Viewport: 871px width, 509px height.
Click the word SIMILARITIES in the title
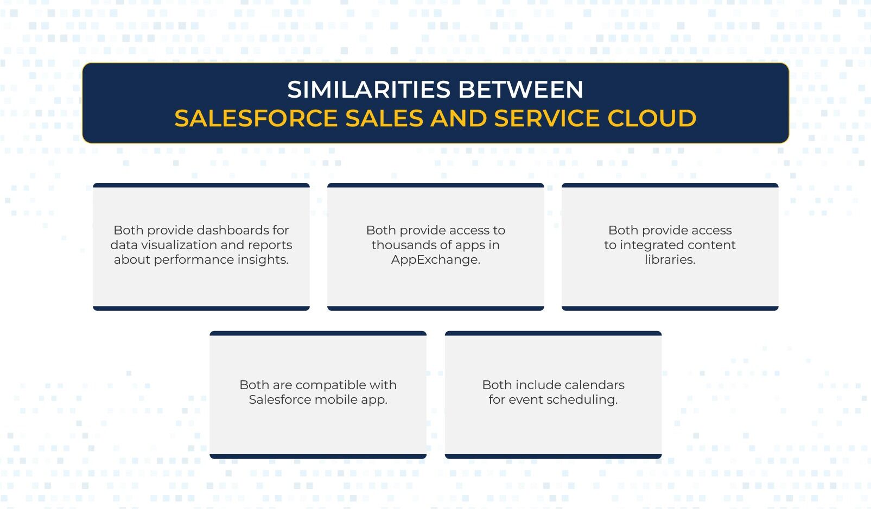coord(369,90)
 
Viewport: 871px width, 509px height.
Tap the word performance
coord(198,259)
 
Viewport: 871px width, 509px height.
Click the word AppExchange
coord(435,259)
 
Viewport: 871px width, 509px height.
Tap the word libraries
coord(670,259)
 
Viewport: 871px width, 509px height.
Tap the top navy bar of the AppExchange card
coord(435,185)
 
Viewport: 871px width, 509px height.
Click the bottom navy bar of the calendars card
coord(553,456)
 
